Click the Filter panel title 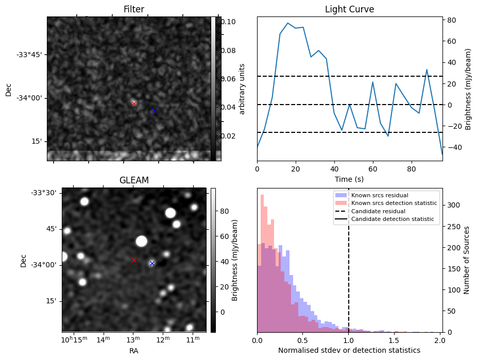tap(133, 9)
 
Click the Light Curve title tap(349, 9)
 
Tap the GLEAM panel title tap(133, 180)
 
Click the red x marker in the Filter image tap(134, 104)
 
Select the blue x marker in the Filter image tap(154, 110)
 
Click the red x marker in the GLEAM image tap(134, 260)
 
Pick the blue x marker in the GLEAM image tap(152, 263)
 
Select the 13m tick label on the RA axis tap(133, 340)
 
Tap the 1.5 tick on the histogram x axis tap(395, 340)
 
